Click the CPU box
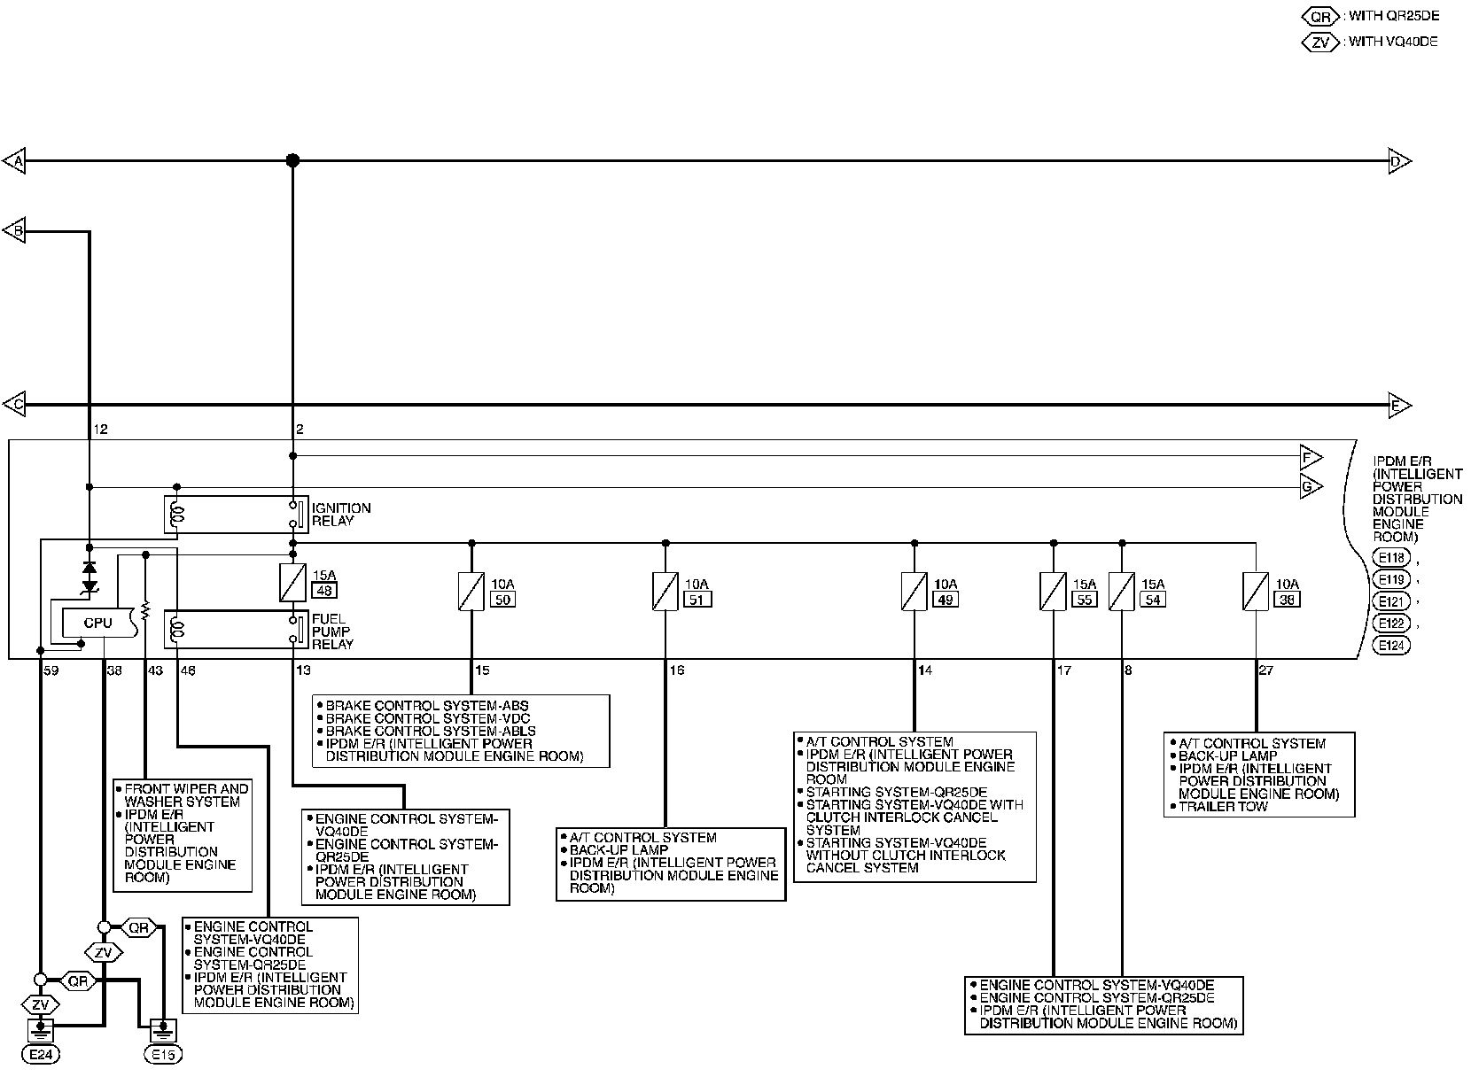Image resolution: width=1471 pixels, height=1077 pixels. pos(97,623)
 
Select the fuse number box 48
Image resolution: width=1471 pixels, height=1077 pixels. pos(324,591)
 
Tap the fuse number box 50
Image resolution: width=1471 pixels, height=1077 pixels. pos(502,600)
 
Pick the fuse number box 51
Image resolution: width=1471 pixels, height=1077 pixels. pos(698,600)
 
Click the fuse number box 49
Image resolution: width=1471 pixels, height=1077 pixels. pos(946,600)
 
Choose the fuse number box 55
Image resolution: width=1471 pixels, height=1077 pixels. pos(1084,600)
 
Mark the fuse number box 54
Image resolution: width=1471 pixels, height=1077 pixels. pos(1152,600)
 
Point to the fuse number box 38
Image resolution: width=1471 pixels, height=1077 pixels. pos(1287,600)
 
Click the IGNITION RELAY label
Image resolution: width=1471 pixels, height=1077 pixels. pos(340,515)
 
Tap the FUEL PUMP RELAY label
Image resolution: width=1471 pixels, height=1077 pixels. pos(332,631)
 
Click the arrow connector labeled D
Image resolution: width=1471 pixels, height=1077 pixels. pos(1398,161)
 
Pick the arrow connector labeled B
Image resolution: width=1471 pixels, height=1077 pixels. pos(15,232)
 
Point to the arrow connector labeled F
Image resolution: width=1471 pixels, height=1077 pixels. pos(1310,458)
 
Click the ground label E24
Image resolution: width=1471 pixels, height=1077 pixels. pos(42,1056)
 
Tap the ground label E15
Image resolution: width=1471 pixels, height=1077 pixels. pos(162,1056)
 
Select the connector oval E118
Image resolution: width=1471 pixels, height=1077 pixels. pos(1391,558)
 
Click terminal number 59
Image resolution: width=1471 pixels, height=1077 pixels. pos(51,670)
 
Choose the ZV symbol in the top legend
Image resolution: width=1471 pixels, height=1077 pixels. pos(1321,42)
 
